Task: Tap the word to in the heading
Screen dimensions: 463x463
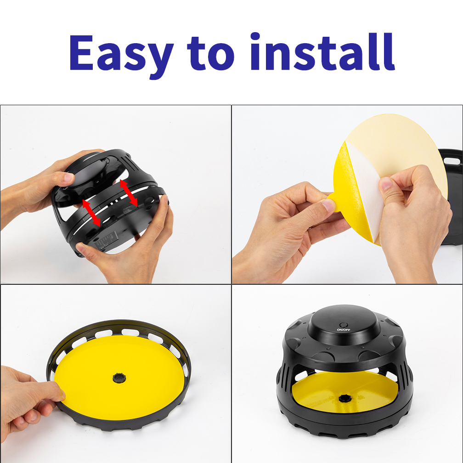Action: coord(211,54)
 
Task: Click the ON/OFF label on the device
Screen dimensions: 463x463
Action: coord(343,329)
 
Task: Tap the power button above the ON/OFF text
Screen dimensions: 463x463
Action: coord(343,323)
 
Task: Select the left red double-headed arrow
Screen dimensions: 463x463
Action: coord(91,212)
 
